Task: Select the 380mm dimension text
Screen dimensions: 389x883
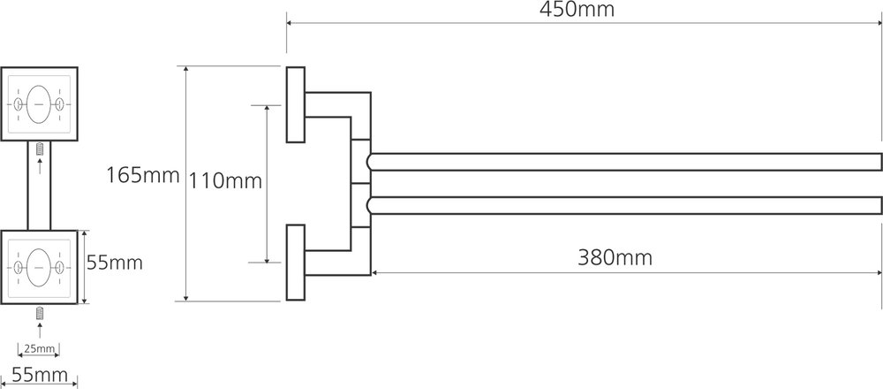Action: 615,258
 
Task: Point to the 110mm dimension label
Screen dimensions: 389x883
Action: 226,182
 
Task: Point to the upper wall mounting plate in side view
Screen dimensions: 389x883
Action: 295,104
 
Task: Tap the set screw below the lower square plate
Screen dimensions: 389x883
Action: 39,314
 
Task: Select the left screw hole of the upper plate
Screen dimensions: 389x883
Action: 18,105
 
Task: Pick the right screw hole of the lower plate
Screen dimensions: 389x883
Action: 60,265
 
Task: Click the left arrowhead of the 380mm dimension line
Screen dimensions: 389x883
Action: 375,272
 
